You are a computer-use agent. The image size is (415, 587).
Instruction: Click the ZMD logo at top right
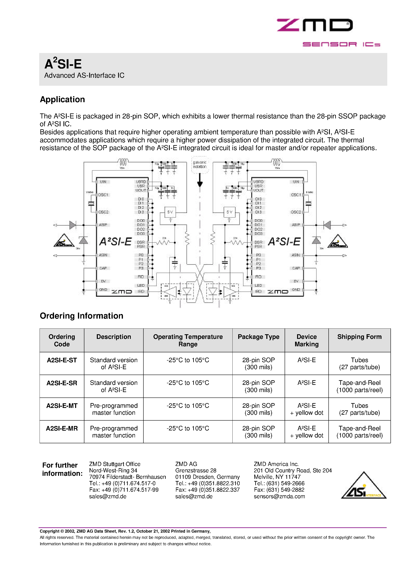315,25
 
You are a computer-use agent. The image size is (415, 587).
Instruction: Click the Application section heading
62,99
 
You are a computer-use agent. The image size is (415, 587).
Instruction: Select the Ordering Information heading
81,316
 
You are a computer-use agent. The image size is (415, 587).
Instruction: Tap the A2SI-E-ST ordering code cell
62,360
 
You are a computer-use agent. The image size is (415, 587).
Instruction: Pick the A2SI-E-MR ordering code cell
62,428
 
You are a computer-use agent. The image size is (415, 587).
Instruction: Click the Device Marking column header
306,340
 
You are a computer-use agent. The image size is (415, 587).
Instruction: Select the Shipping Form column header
359,337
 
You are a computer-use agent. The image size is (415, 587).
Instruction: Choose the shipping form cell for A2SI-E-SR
359,386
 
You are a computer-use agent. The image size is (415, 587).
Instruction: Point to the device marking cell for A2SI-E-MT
306,409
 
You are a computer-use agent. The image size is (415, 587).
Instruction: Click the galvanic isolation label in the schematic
200,164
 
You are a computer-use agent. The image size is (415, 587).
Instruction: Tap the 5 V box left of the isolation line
170,212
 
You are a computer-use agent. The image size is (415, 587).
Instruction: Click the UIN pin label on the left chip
103,182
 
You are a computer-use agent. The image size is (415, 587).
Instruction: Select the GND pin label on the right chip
296,290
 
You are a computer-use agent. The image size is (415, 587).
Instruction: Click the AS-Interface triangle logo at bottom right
364,486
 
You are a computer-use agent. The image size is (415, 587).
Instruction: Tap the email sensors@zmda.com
279,496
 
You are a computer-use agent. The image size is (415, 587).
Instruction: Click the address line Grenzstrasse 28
196,470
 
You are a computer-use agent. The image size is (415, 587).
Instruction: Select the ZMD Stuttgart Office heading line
115,464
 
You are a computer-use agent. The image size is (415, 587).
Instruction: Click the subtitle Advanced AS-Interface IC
84,75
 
